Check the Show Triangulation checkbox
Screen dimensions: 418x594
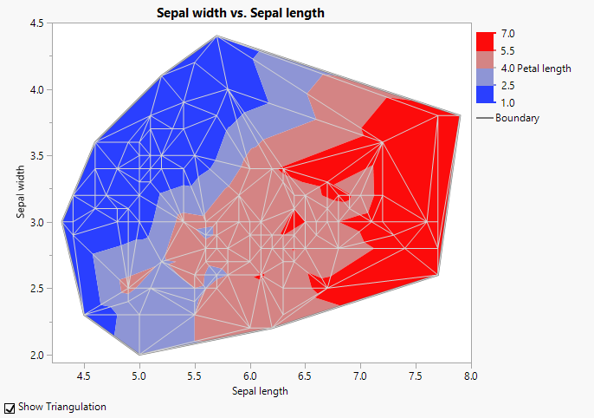pos(10,407)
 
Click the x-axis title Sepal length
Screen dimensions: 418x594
pos(260,391)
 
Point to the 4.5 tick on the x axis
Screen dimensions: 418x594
pos(84,376)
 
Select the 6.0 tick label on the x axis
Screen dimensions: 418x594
pos(250,376)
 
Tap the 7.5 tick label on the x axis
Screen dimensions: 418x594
pos(416,376)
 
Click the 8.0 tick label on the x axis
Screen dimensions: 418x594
pos(470,376)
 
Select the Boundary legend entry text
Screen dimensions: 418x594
pos(517,118)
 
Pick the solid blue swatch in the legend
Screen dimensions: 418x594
pos(485,94)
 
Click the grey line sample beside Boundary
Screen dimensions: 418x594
pos(485,118)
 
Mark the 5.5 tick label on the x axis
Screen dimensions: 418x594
pos(195,376)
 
